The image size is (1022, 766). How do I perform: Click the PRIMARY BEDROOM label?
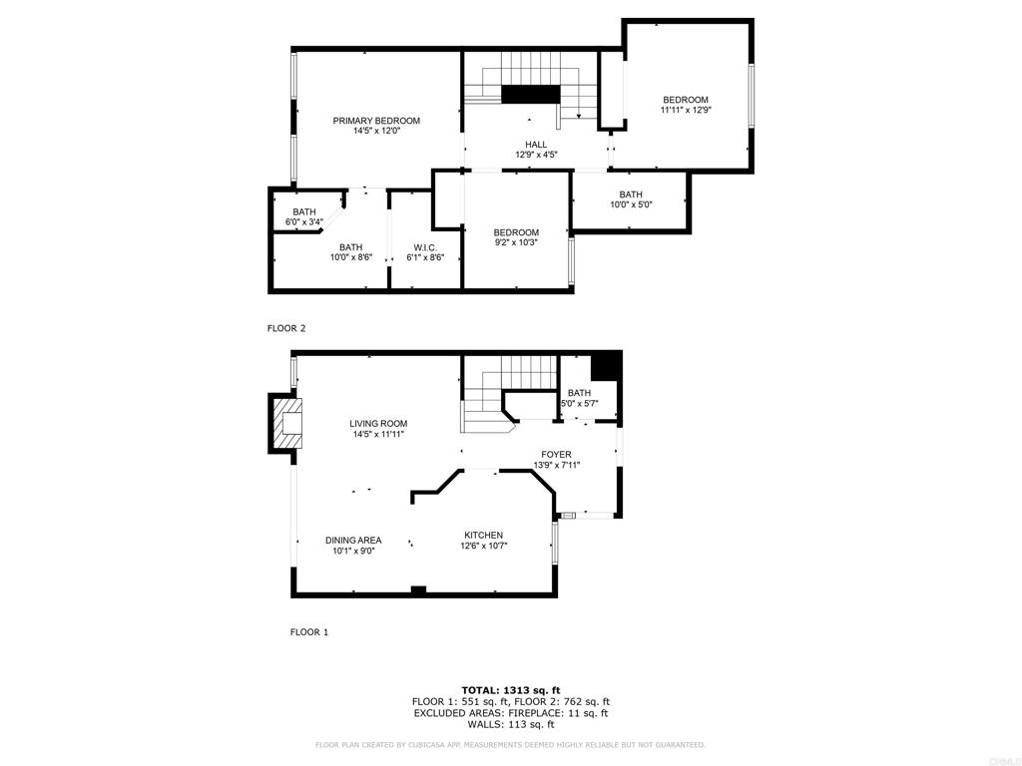[x=376, y=121]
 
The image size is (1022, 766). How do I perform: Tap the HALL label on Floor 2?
[x=536, y=145]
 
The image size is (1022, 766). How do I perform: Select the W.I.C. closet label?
[x=425, y=247]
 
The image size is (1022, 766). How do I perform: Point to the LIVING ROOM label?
[x=378, y=423]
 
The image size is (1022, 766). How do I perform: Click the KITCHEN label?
[x=484, y=536]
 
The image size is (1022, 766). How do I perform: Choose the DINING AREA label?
[x=353, y=540]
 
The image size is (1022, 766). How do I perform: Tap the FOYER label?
[x=556, y=455]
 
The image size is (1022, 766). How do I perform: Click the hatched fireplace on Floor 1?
[x=287, y=423]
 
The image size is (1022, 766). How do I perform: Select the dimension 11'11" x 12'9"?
[x=686, y=110]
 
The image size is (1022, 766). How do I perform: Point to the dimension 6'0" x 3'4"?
[x=304, y=222]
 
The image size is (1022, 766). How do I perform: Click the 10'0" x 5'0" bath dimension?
[x=631, y=204]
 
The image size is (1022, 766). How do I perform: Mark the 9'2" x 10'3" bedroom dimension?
[x=516, y=242]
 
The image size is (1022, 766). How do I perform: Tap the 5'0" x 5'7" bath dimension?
[x=580, y=403]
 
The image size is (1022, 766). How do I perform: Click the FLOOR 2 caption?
[x=286, y=328]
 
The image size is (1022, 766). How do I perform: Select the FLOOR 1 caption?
[x=309, y=631]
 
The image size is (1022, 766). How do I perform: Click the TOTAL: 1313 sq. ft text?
[x=511, y=690]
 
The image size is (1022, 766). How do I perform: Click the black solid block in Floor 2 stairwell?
[x=531, y=94]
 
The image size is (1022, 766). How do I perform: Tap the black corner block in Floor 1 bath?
[x=606, y=366]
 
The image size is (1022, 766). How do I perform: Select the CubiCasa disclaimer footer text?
[x=510, y=744]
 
